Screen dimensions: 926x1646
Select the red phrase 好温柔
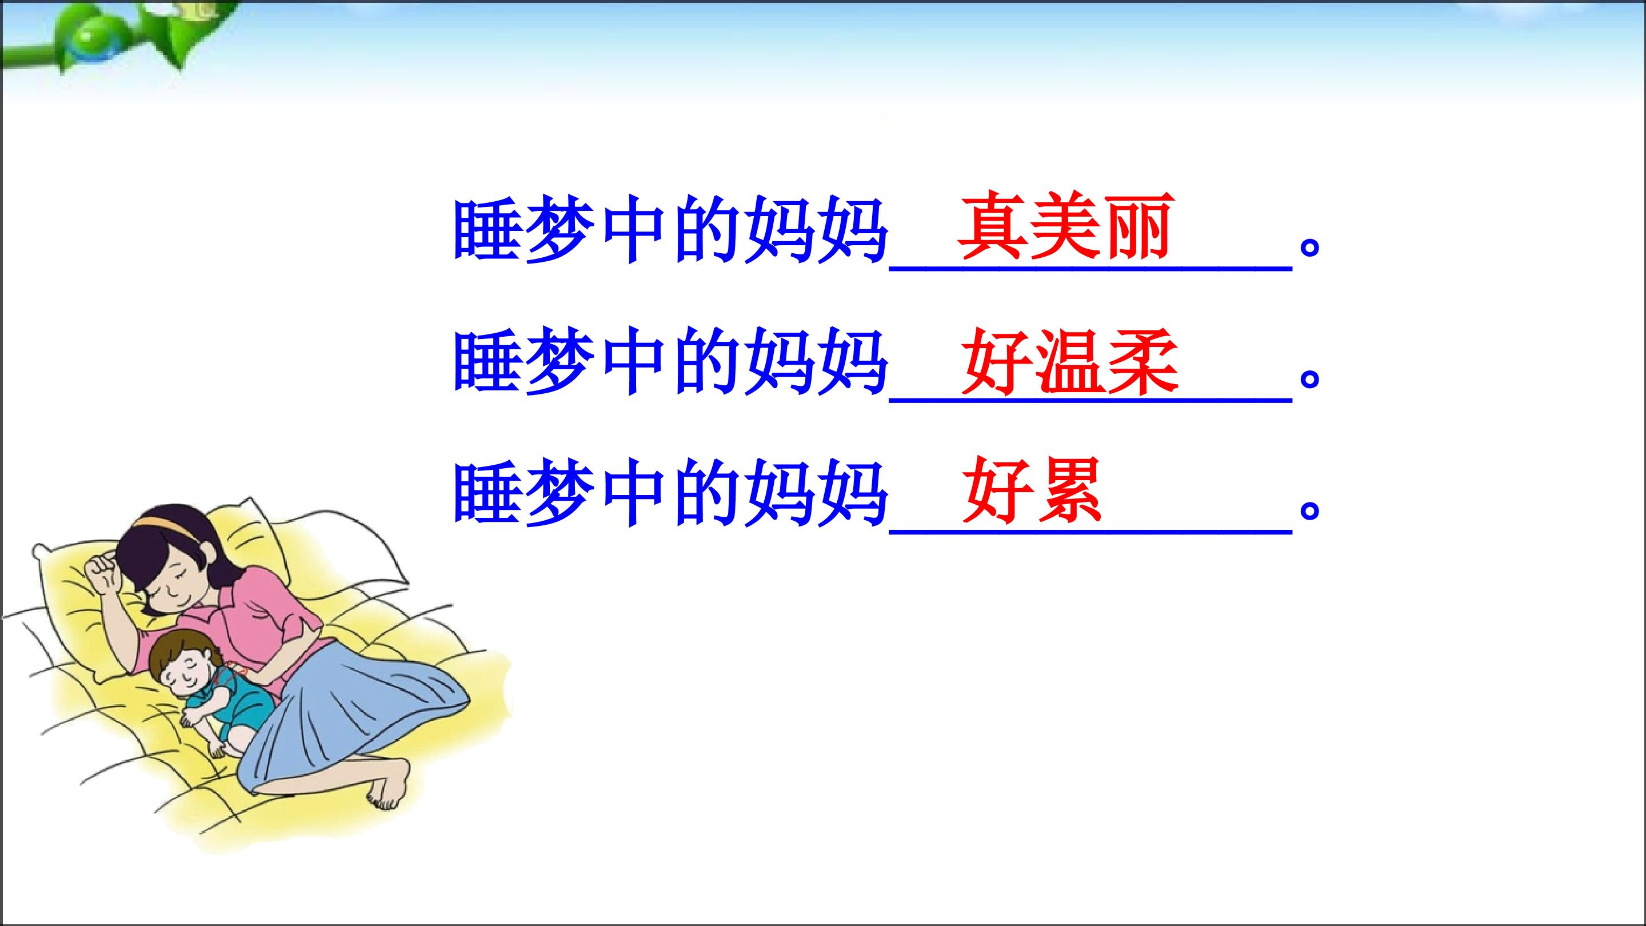pos(1070,362)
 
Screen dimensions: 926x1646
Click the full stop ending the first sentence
pos(1310,248)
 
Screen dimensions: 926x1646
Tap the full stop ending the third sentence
pos(1310,511)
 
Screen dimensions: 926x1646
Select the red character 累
pos(1068,491)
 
